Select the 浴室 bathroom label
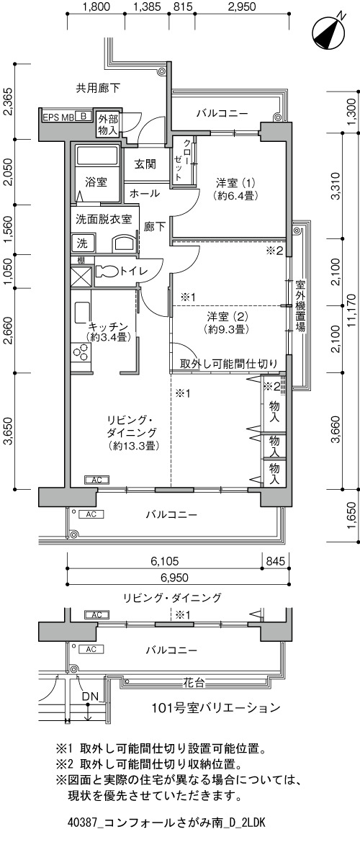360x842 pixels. coord(96,182)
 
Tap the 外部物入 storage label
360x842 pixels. coord(108,125)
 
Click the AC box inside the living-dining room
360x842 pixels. coord(96,480)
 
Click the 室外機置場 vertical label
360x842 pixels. coord(300,306)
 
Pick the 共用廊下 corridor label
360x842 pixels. coord(98,88)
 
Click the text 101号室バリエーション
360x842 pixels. coord(216,707)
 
